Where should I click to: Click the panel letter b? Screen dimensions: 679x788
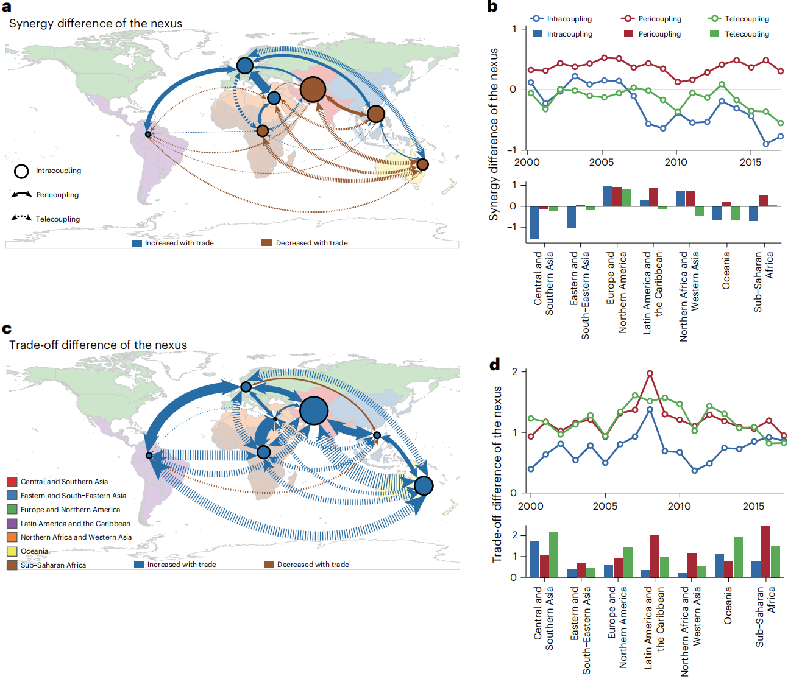click(x=492, y=7)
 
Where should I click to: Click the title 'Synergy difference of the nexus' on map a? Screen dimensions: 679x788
click(x=96, y=24)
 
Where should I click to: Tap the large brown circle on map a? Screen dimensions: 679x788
click(x=313, y=90)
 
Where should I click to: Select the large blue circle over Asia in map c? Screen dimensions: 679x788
click(x=314, y=410)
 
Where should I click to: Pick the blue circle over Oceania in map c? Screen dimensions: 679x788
click(x=424, y=485)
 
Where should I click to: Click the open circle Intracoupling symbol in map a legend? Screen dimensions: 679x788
click(x=21, y=171)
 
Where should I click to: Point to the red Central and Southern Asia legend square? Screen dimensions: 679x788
click(x=12, y=482)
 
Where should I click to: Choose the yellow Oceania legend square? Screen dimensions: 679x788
click(x=12, y=551)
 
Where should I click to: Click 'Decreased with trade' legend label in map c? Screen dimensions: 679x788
click(x=313, y=565)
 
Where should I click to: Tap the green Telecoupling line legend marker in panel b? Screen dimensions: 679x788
click(x=714, y=19)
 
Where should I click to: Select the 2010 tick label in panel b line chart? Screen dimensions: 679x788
click(x=676, y=163)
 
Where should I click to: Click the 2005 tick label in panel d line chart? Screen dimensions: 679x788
click(x=605, y=506)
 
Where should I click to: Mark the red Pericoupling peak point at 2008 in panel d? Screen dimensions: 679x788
click(x=650, y=373)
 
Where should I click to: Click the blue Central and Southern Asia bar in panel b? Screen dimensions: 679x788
click(x=535, y=222)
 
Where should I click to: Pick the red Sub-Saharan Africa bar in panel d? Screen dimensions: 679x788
click(x=765, y=551)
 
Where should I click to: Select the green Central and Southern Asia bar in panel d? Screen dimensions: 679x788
click(x=553, y=555)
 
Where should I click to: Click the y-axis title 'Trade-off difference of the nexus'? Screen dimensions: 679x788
click(x=497, y=474)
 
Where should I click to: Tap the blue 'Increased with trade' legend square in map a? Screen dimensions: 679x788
click(x=137, y=243)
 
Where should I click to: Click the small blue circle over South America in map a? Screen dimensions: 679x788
click(x=148, y=134)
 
